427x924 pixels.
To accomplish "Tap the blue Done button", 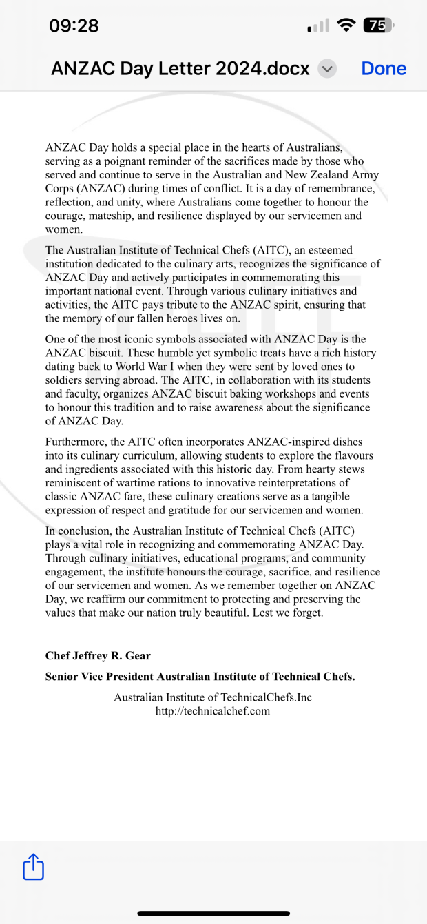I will point(384,69).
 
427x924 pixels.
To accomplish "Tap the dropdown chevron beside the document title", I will point(328,69).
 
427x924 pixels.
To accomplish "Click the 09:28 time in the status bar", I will point(74,26).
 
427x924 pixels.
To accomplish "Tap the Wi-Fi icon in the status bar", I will point(347,26).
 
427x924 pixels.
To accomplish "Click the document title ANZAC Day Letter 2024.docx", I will point(180,69).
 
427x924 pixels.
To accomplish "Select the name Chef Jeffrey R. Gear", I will point(98,655).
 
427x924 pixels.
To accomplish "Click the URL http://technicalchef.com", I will point(213,711).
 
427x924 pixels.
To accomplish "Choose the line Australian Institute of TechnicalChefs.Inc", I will point(213,697).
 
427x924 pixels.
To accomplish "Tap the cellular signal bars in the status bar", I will point(317,27).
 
